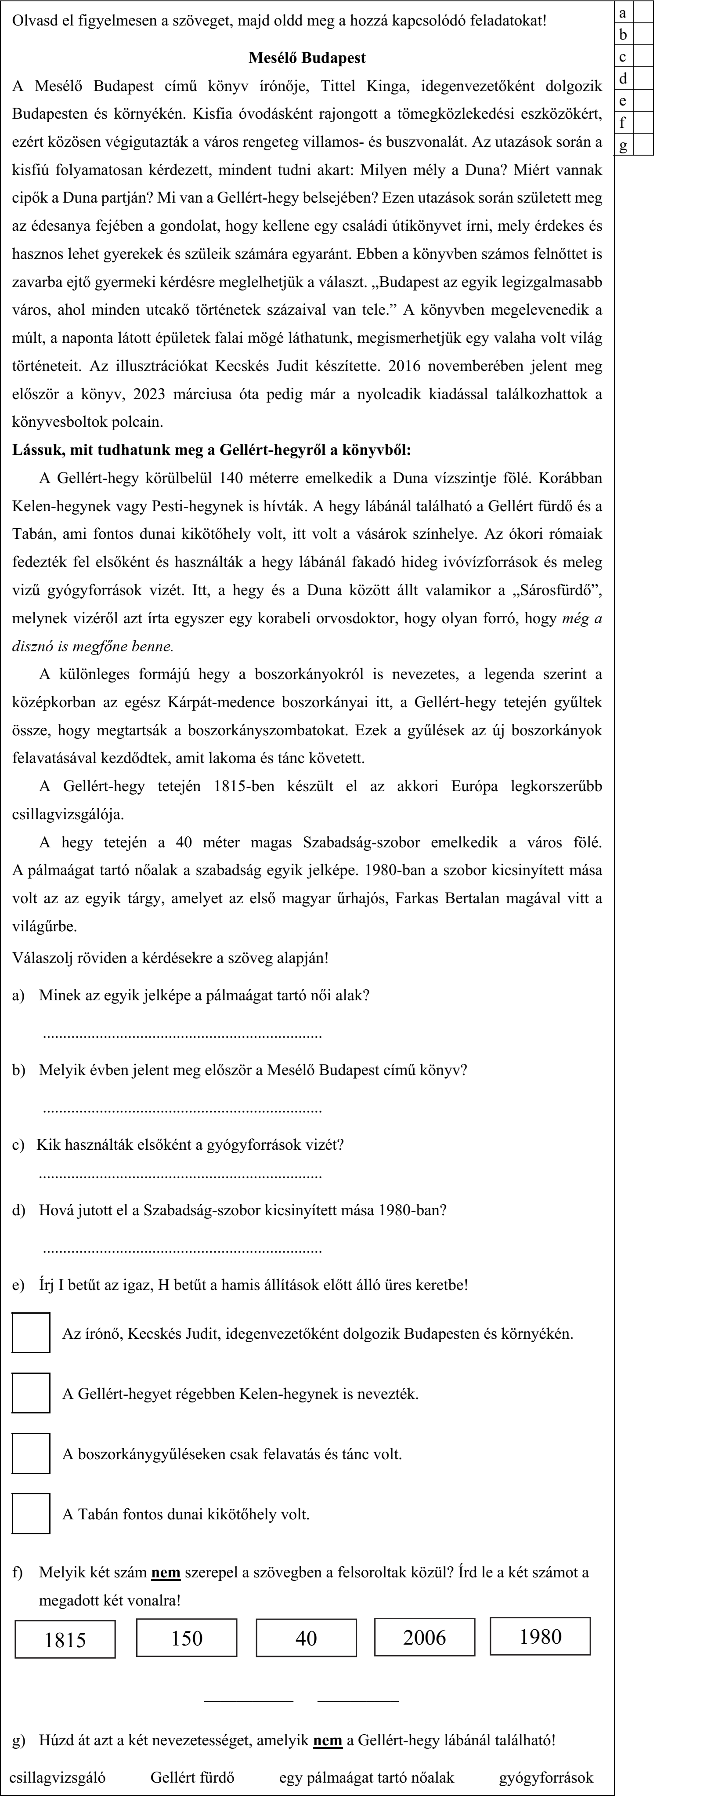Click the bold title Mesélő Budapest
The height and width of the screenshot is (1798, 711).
(307, 58)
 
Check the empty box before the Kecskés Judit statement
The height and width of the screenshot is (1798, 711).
(31, 1333)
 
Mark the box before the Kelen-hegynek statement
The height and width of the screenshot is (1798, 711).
(31, 1393)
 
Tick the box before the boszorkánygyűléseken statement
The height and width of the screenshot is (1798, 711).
(31, 1454)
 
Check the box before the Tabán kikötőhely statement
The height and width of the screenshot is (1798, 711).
(31, 1514)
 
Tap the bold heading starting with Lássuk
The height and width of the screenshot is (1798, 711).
(211, 450)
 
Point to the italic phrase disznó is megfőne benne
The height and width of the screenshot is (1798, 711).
(93, 647)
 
